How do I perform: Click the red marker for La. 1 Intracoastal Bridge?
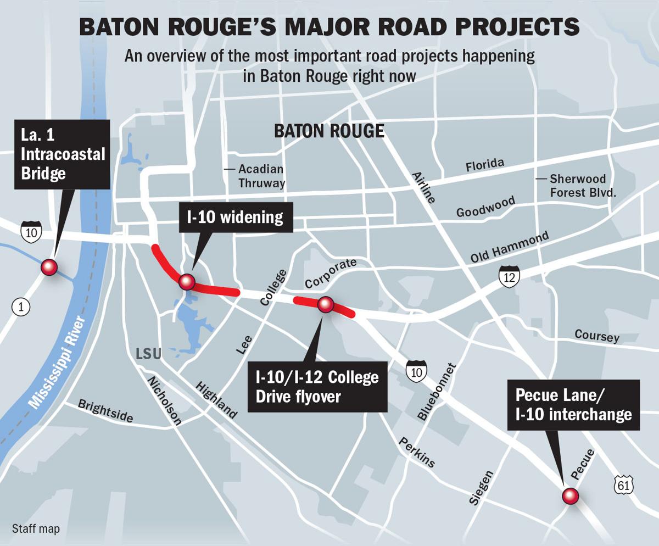pos(49,268)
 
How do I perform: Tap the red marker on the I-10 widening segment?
pos(187,282)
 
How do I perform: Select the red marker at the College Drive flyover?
pos(326,304)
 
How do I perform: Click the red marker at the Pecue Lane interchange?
pos(571,496)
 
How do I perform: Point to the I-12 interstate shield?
pos(509,276)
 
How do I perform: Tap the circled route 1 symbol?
pos(21,307)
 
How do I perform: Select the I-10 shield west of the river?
pos(31,232)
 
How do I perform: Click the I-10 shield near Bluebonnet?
pos(417,372)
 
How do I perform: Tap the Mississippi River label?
pos(57,363)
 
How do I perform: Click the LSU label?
pos(148,354)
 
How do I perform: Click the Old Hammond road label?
pos(509,248)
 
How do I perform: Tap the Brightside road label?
pos(105,411)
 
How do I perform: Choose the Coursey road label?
pos(596,335)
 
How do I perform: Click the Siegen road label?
pos(481,487)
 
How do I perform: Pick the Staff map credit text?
pos(36,529)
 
